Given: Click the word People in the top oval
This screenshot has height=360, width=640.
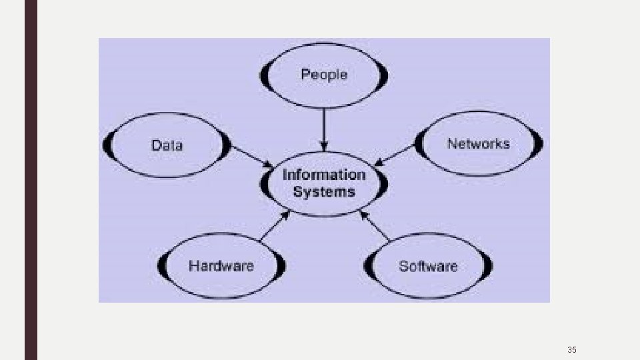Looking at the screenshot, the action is (x=324, y=74).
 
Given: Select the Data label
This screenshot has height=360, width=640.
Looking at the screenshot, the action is (x=167, y=145).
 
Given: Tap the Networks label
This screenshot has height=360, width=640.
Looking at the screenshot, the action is (x=478, y=143).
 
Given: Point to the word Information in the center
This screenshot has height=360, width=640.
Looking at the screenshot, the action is (x=324, y=175).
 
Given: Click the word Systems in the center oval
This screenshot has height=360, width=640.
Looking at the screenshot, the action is (x=324, y=192).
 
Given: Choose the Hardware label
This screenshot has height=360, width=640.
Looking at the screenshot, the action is (x=221, y=266).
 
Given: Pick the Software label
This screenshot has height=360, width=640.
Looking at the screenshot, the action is (x=428, y=266).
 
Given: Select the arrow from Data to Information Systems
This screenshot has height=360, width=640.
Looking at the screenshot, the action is (x=252, y=157).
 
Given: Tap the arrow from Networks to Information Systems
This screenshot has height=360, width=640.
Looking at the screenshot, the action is (x=395, y=155).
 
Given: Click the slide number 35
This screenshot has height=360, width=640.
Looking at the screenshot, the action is (x=571, y=349).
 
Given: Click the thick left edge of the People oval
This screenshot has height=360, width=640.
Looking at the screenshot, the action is (x=264, y=75).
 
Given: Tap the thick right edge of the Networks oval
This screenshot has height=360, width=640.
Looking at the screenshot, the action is (x=539, y=143).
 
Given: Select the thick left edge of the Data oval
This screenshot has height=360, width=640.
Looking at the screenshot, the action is (x=107, y=145).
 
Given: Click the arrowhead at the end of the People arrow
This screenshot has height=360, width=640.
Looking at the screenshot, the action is (x=324, y=147).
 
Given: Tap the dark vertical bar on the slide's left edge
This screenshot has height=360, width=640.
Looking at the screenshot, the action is (x=31, y=180).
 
